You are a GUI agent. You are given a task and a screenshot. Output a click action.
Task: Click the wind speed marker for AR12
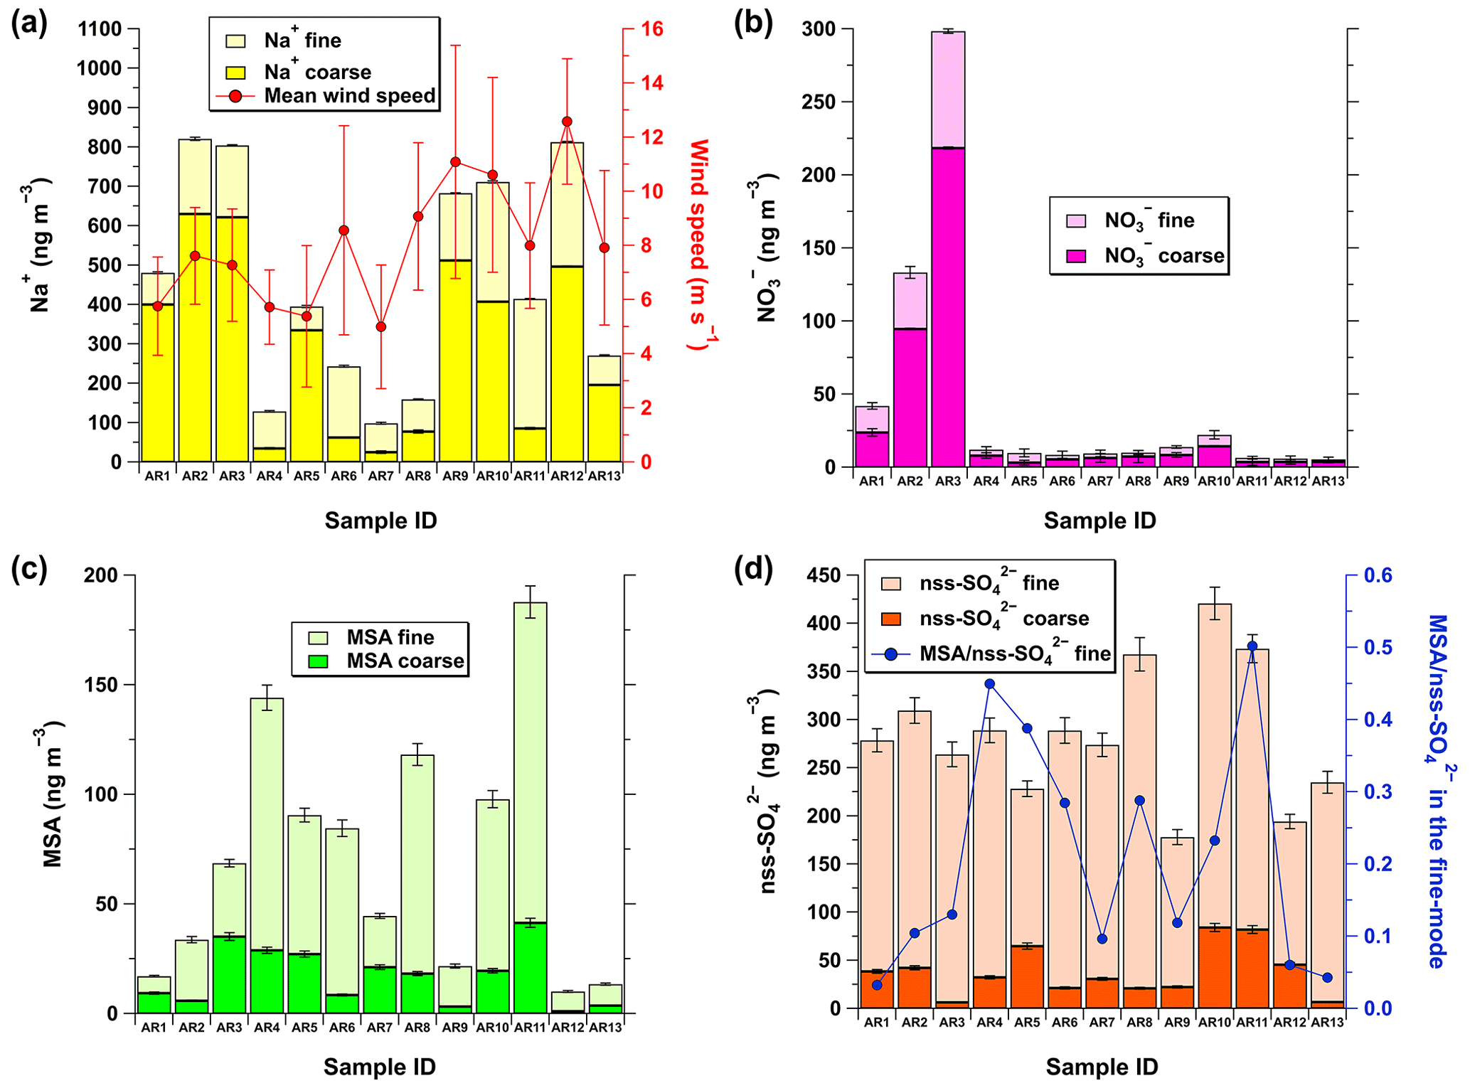coord(567,122)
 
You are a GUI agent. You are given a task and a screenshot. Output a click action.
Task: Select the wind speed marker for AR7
coord(381,327)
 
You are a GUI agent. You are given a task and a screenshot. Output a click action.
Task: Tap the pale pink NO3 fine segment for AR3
coord(948,90)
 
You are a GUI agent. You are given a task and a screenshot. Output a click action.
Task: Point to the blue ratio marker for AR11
coord(1252,646)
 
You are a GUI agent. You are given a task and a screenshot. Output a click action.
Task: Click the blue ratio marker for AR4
coord(989,684)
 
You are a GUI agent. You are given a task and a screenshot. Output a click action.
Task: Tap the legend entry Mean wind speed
coord(349,96)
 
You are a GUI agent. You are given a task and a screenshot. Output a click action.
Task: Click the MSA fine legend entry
coord(390,636)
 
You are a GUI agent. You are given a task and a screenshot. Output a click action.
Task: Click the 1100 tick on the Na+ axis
coord(100,29)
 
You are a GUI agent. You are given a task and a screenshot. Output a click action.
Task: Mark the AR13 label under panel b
coord(1328,481)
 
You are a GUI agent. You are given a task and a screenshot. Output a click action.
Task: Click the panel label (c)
coord(29,570)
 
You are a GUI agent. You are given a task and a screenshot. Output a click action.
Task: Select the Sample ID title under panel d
coord(1102,1067)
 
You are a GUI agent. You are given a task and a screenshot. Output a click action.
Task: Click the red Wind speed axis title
coord(701,245)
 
